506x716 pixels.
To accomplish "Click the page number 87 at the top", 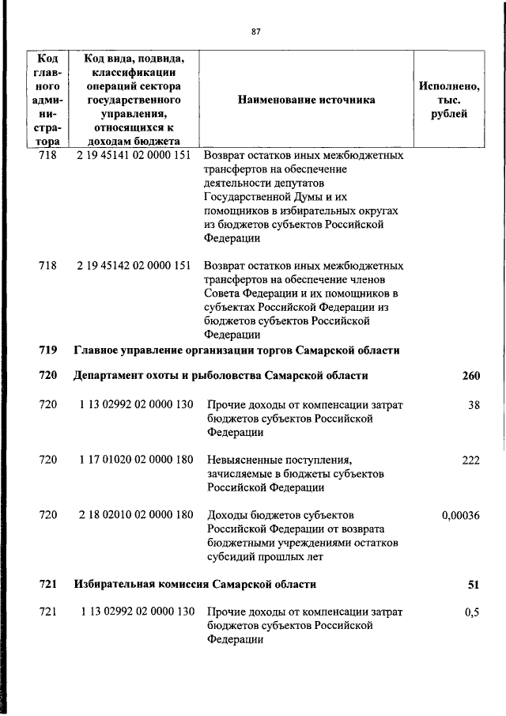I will coord(255,32).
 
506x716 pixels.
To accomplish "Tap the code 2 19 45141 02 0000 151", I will coord(134,156).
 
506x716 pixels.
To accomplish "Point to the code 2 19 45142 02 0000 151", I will coord(134,266).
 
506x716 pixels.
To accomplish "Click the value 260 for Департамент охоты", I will coord(471,376).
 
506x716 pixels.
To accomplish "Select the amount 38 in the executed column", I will coord(474,405).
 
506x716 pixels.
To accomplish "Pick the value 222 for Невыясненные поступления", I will coord(471,460).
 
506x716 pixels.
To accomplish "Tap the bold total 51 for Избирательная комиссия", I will coord(474,585).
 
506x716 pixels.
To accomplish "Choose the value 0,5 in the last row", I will coord(473,613).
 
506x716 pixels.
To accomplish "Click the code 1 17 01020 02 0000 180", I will coord(136,460).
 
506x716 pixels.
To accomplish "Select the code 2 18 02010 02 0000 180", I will coord(136,515).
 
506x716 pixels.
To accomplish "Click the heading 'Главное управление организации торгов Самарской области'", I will coord(236,350).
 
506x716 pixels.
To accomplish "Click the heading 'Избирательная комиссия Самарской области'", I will coord(195,585).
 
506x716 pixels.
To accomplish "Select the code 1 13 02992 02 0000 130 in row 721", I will coord(136,613).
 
